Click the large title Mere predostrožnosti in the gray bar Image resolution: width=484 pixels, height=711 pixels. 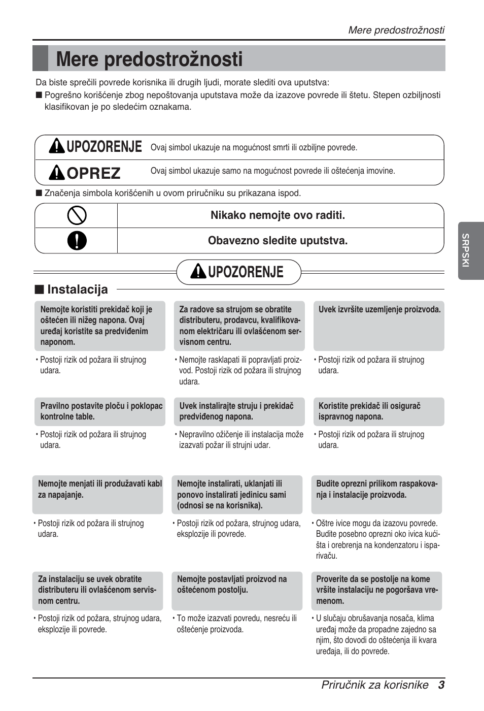coord(150,59)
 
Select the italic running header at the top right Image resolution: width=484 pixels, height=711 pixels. coord(396,30)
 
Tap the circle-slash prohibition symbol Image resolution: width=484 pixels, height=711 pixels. coord(77,215)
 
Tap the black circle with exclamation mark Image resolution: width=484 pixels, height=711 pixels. coord(77,241)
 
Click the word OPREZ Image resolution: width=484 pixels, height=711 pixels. coord(93,173)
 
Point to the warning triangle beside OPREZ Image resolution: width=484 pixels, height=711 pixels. coord(56,173)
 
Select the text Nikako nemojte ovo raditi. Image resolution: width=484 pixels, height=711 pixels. coord(278,215)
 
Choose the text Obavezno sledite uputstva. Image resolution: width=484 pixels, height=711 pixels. coord(278,241)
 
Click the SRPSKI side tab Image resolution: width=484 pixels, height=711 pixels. coord(466,250)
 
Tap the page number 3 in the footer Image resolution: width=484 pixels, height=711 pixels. coord(441,685)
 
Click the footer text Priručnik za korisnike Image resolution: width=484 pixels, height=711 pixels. coord(374,685)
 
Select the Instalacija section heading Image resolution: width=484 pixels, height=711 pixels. coord(77,289)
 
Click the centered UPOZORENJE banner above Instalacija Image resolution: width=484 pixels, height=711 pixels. coord(238,272)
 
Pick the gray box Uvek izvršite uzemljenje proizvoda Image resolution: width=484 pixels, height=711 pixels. coord(379,325)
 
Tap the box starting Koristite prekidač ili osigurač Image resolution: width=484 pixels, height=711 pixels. coord(379,411)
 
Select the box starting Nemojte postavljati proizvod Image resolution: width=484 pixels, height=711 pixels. coord(237,590)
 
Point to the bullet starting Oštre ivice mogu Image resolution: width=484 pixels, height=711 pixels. coord(377,539)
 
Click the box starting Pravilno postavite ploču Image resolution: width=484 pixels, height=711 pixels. coord(100,411)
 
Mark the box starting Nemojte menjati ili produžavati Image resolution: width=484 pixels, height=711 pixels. coord(98,494)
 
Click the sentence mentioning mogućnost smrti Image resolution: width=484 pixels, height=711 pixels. coord(254,148)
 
